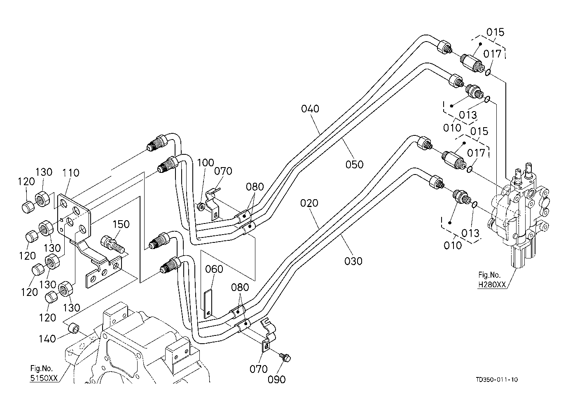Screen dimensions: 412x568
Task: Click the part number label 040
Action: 310,109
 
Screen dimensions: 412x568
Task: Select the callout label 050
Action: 355,165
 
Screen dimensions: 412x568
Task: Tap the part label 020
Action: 309,203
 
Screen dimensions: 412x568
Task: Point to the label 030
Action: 353,261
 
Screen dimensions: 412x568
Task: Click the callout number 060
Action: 214,269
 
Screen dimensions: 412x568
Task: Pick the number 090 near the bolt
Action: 276,380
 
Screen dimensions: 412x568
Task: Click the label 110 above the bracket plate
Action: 70,173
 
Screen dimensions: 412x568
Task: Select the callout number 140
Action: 48,339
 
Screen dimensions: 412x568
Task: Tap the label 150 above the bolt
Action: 121,224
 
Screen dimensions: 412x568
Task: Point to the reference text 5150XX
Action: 44,377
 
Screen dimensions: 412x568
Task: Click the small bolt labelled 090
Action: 284,357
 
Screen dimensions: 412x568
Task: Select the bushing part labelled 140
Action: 73,328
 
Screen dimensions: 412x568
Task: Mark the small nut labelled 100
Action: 201,206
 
